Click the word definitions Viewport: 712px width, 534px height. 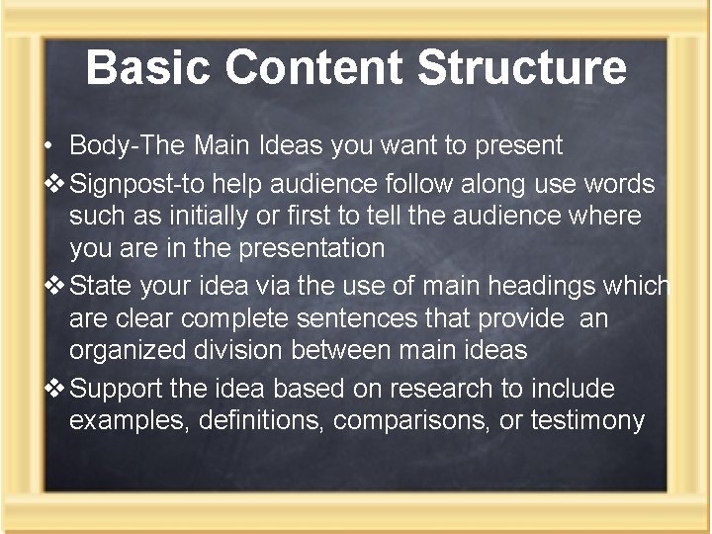(262, 421)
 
